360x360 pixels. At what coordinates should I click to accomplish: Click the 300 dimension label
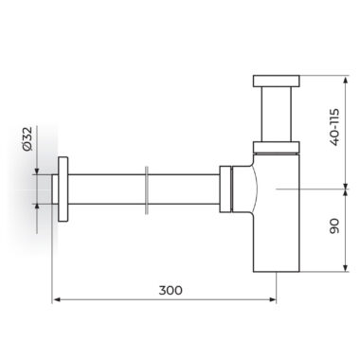click(171, 290)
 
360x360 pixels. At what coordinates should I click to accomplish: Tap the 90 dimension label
click(334, 226)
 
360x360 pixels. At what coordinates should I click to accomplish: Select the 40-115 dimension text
click(334, 127)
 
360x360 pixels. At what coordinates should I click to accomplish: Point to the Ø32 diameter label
click(27, 138)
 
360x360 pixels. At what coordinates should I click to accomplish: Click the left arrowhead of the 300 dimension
click(56, 299)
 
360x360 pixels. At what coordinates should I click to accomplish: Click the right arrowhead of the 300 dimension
click(273, 299)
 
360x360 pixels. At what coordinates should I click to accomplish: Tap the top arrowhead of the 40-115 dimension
click(346, 80)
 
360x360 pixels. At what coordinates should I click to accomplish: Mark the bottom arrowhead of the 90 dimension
click(346, 268)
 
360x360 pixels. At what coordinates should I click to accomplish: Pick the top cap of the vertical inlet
click(276, 81)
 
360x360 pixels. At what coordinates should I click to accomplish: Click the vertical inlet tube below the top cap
click(276, 114)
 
